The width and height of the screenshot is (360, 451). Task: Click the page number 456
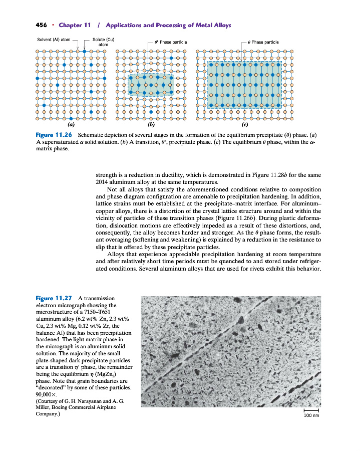(x=42, y=25)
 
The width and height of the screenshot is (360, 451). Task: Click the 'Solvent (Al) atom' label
(x=54, y=40)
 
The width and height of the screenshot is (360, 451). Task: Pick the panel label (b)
(x=151, y=125)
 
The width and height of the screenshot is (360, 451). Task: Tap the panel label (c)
(x=245, y=125)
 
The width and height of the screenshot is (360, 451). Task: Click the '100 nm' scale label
(x=311, y=415)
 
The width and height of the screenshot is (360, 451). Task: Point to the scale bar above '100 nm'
(x=311, y=410)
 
